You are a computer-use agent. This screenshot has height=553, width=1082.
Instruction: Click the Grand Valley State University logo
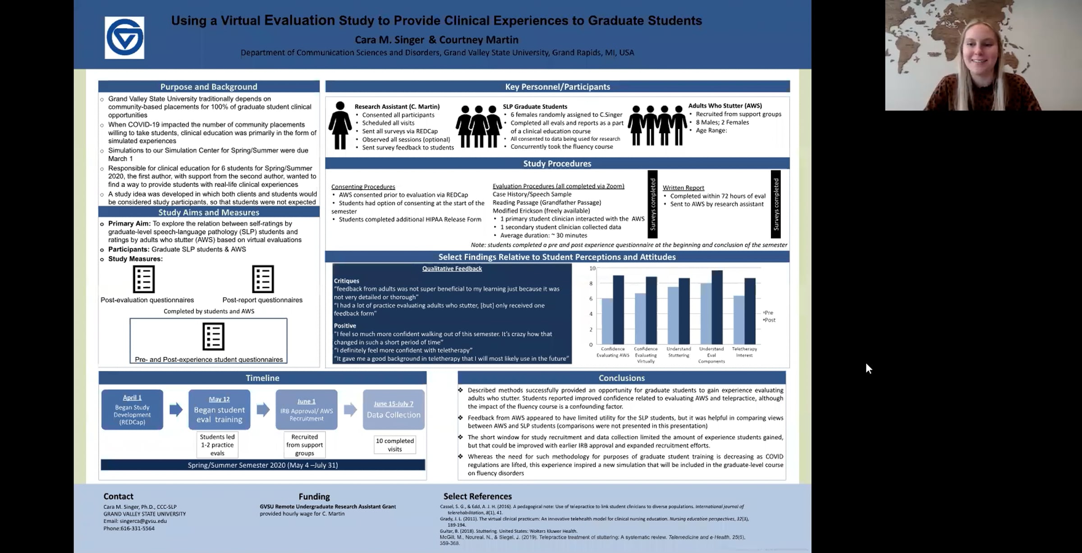124,38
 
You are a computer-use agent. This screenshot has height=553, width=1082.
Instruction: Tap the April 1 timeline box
132,410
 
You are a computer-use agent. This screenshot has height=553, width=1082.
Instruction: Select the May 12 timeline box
219,410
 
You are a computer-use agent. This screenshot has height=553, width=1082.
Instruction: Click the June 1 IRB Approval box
306,410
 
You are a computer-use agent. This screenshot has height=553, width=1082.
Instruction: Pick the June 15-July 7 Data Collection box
393,410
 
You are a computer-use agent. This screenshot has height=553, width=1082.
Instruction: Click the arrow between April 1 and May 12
176,410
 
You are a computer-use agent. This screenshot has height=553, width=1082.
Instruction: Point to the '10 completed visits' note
395,445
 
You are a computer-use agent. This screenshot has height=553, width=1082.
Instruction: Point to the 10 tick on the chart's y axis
592,268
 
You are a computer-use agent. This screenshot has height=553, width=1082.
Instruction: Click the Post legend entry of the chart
770,320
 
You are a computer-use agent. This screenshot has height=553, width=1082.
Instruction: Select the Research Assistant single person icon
340,125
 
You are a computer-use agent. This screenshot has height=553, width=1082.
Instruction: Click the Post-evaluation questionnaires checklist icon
144,279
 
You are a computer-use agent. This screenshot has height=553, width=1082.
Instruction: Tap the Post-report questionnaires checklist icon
263,279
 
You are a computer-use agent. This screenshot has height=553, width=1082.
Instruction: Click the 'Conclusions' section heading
621,378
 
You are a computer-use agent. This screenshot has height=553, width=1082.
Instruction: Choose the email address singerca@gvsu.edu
143,521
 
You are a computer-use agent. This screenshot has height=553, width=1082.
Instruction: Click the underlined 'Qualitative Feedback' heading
452,269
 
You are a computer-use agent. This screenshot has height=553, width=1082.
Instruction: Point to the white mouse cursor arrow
868,368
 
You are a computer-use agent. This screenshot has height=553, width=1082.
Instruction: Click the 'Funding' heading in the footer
314,497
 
